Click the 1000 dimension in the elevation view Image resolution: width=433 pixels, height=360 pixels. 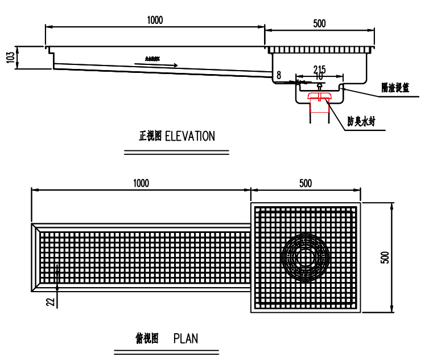click(154, 20)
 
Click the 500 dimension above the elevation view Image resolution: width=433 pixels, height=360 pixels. click(319, 23)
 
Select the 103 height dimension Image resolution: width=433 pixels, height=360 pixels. click(10, 58)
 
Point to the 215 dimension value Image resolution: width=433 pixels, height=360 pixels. click(319, 69)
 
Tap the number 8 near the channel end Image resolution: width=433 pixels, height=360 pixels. click(279, 75)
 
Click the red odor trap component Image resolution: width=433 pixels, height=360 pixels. click(319, 97)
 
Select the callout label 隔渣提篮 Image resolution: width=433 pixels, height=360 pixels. click(395, 88)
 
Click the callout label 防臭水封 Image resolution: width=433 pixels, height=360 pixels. click(361, 121)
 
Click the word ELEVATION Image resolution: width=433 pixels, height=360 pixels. click(190, 136)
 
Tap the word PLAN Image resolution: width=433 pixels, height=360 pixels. click(185, 338)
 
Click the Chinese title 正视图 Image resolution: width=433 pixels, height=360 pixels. click(150, 136)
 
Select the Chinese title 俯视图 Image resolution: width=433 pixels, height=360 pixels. click(146, 338)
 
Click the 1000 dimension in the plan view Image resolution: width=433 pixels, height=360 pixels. click(141, 183)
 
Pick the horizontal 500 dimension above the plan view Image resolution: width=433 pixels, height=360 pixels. click(306, 183)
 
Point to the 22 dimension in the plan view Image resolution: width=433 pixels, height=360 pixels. click(50, 301)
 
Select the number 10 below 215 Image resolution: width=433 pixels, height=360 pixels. click(319, 76)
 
